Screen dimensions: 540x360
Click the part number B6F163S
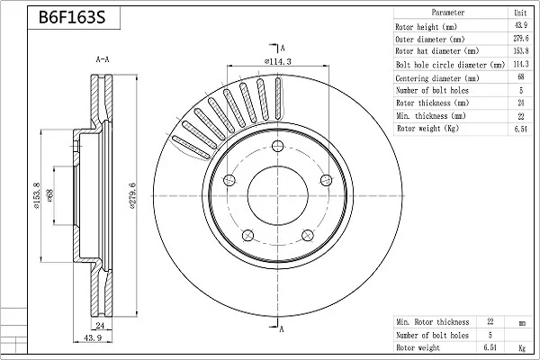click(x=72, y=17)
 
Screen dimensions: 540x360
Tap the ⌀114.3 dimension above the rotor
click(x=277, y=62)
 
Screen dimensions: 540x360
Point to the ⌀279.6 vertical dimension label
click(x=132, y=195)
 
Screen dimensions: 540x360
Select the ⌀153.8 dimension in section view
click(x=36, y=195)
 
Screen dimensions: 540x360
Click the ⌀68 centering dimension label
click(x=49, y=195)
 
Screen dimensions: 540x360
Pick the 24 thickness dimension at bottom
click(x=100, y=325)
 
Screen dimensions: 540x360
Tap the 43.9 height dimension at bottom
click(x=93, y=338)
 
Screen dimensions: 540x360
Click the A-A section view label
click(x=103, y=59)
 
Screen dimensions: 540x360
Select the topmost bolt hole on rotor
click(x=277, y=146)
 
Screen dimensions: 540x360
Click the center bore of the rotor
click(x=277, y=195)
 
